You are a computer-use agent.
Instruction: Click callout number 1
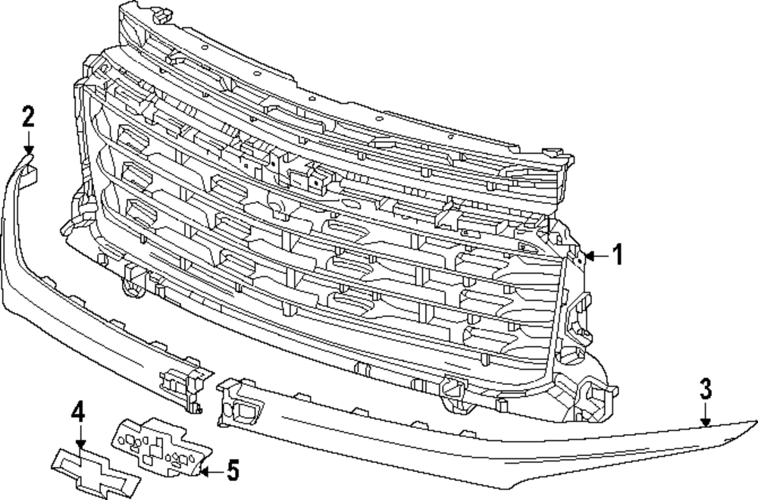point(617,255)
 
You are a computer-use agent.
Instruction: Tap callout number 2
point(27,117)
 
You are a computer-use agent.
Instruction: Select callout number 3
point(705,389)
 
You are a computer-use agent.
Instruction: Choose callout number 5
point(232,471)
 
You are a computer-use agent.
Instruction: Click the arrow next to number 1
point(596,256)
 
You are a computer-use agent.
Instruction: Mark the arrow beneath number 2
point(28,142)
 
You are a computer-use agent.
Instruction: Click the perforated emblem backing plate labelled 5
point(159,447)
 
